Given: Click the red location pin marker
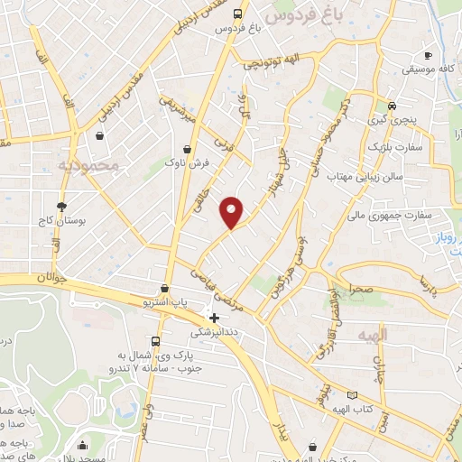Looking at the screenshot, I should click(x=233, y=211).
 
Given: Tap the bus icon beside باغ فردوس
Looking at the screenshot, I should click(x=236, y=14).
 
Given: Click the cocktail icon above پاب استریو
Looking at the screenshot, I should click(x=164, y=288).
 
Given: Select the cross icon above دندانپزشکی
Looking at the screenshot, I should click(x=214, y=318).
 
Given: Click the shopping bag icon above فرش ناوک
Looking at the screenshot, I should click(x=187, y=149).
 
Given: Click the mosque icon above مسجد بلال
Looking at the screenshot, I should click(x=84, y=444).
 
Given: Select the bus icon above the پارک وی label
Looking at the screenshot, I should click(x=156, y=341).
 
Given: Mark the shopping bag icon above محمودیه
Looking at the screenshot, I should click(x=97, y=136).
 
